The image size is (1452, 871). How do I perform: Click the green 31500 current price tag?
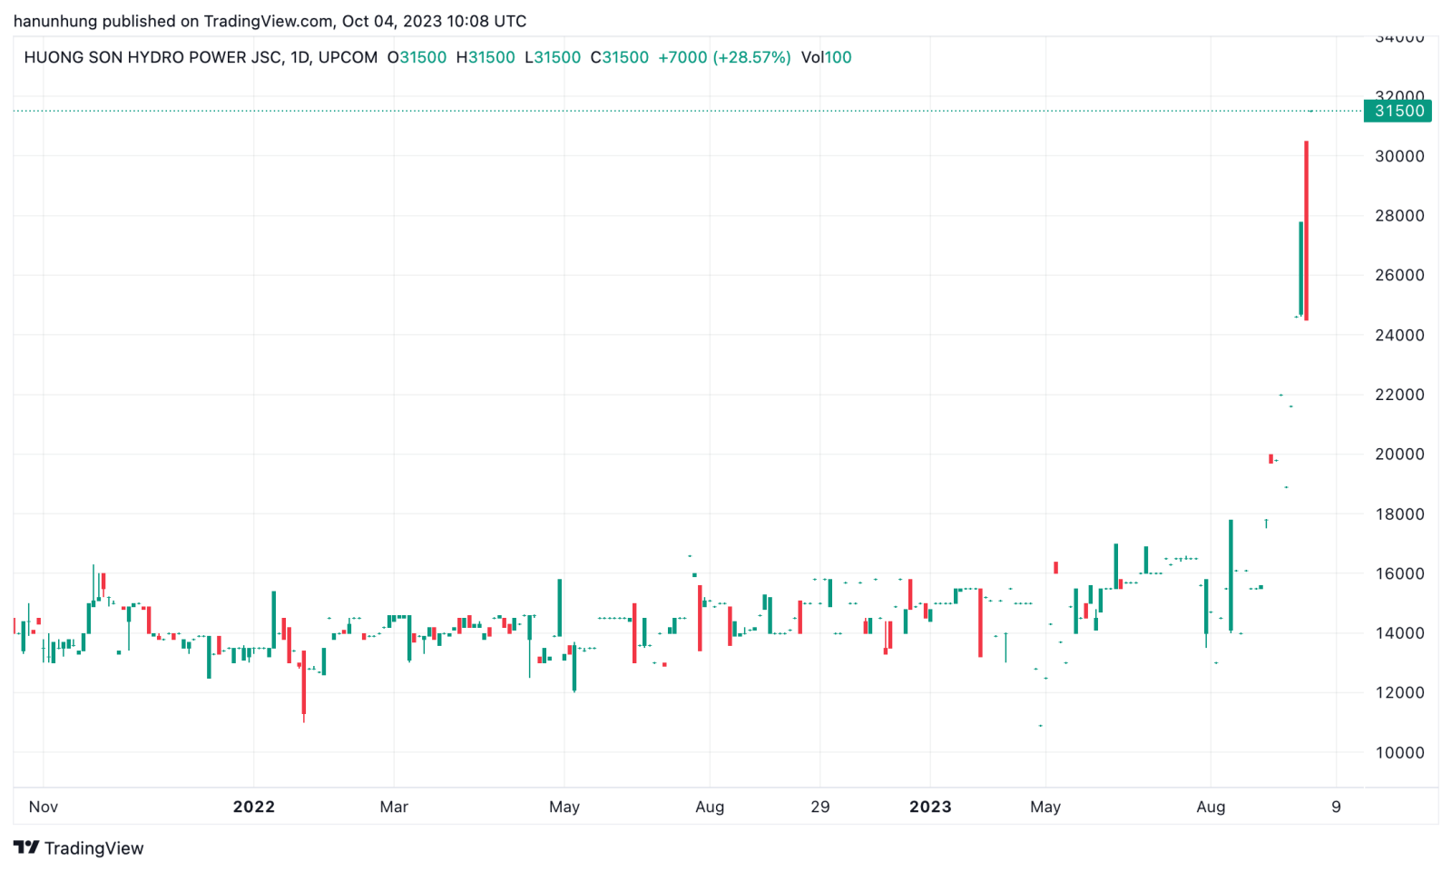1398,111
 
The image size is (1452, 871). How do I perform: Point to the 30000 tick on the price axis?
1399,156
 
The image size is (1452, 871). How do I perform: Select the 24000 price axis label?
1399,335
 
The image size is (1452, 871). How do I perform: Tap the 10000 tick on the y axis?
1399,752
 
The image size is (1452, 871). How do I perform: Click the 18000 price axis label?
1399,514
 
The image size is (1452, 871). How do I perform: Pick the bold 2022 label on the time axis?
253,807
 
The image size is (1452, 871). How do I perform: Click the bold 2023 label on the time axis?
930,807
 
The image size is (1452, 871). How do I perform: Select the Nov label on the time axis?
44,807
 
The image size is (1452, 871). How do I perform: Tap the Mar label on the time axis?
394,807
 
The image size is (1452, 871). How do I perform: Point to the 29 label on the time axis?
820,807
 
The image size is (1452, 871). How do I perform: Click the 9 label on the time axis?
1336,807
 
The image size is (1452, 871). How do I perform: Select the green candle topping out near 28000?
1300,269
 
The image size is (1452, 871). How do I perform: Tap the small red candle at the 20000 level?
1270,458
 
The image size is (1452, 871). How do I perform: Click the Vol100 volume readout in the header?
826,57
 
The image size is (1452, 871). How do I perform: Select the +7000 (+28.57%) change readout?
724,57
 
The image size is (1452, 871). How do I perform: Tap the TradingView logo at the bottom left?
79,847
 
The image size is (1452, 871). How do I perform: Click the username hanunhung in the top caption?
55,21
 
